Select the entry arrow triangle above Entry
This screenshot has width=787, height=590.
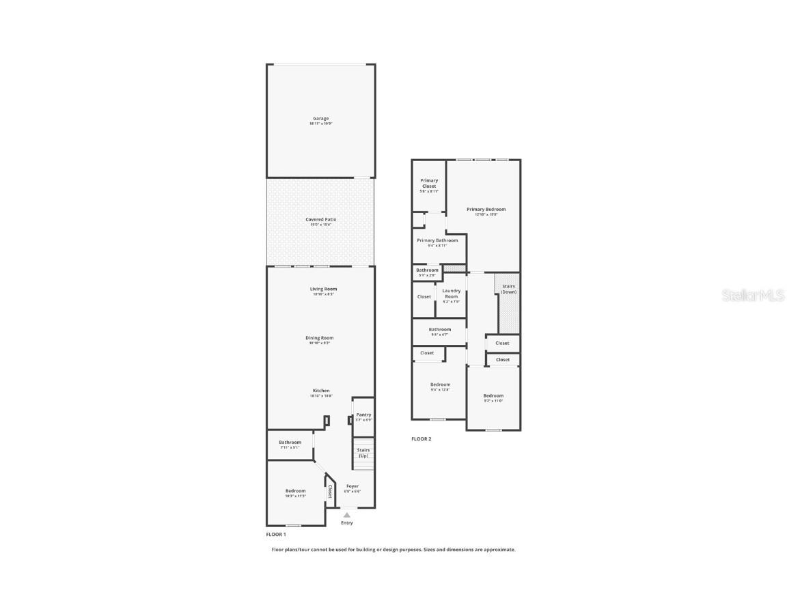pyautogui.click(x=347, y=515)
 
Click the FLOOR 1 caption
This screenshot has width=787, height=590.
pyautogui.click(x=276, y=535)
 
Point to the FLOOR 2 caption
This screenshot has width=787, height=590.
pyautogui.click(x=422, y=439)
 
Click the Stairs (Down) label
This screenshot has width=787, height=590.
pyautogui.click(x=509, y=289)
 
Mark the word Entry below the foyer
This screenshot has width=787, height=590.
pyautogui.click(x=347, y=523)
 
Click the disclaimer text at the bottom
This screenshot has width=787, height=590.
pyautogui.click(x=393, y=550)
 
